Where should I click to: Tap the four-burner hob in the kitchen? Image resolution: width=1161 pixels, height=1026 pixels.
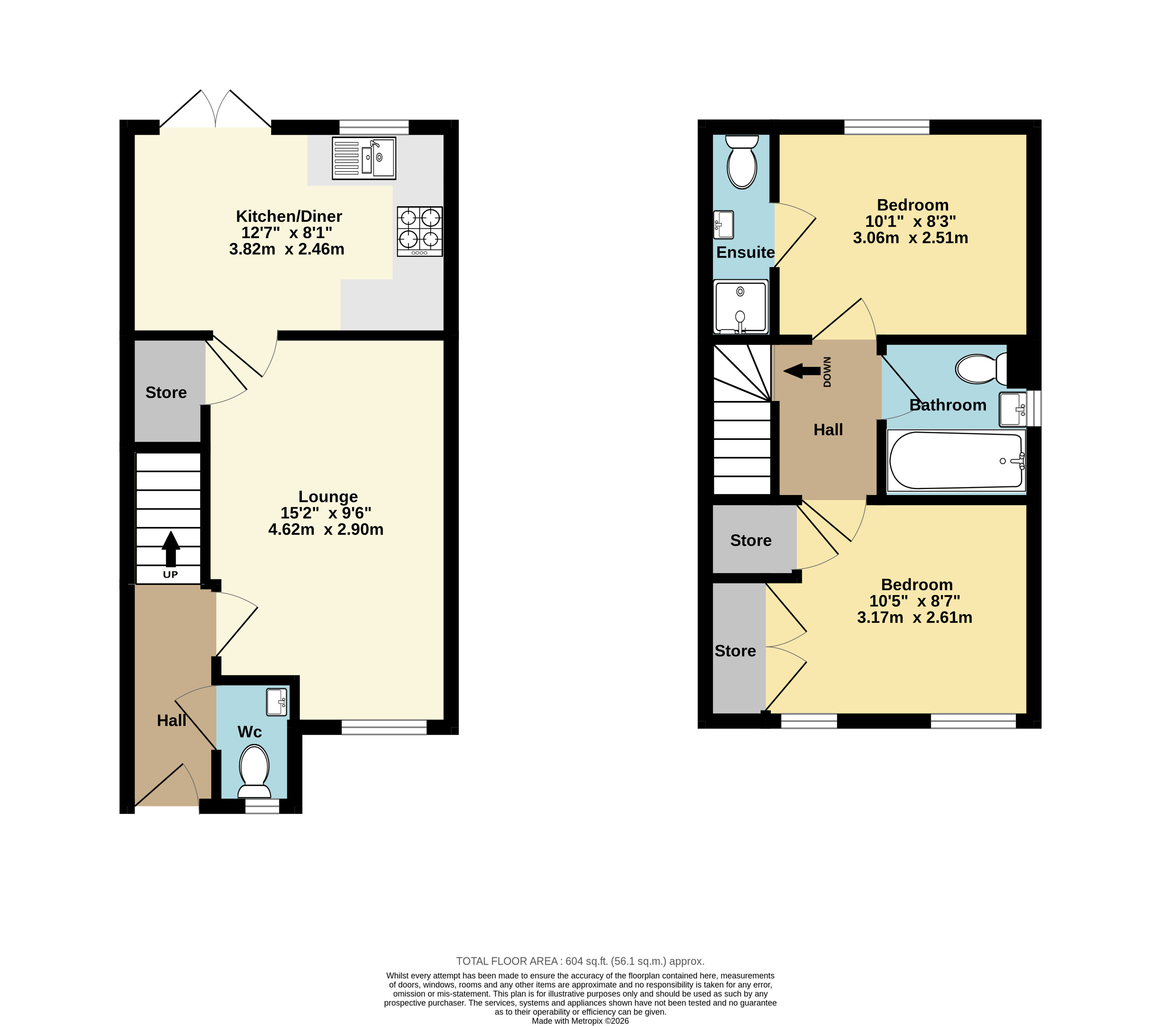tap(420, 231)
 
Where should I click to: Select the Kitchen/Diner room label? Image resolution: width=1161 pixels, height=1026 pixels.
tap(289, 217)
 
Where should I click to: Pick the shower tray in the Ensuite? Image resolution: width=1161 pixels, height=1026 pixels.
tap(741, 307)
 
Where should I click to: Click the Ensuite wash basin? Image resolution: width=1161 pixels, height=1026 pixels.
tap(724, 224)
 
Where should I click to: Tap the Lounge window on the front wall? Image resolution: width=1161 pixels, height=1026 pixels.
tap(384, 727)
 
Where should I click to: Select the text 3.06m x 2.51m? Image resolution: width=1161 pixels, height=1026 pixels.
tap(910, 238)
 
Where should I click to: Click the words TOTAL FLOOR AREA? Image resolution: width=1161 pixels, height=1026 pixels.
tap(507, 961)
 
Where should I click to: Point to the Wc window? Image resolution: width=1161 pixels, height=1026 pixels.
tap(262, 806)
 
